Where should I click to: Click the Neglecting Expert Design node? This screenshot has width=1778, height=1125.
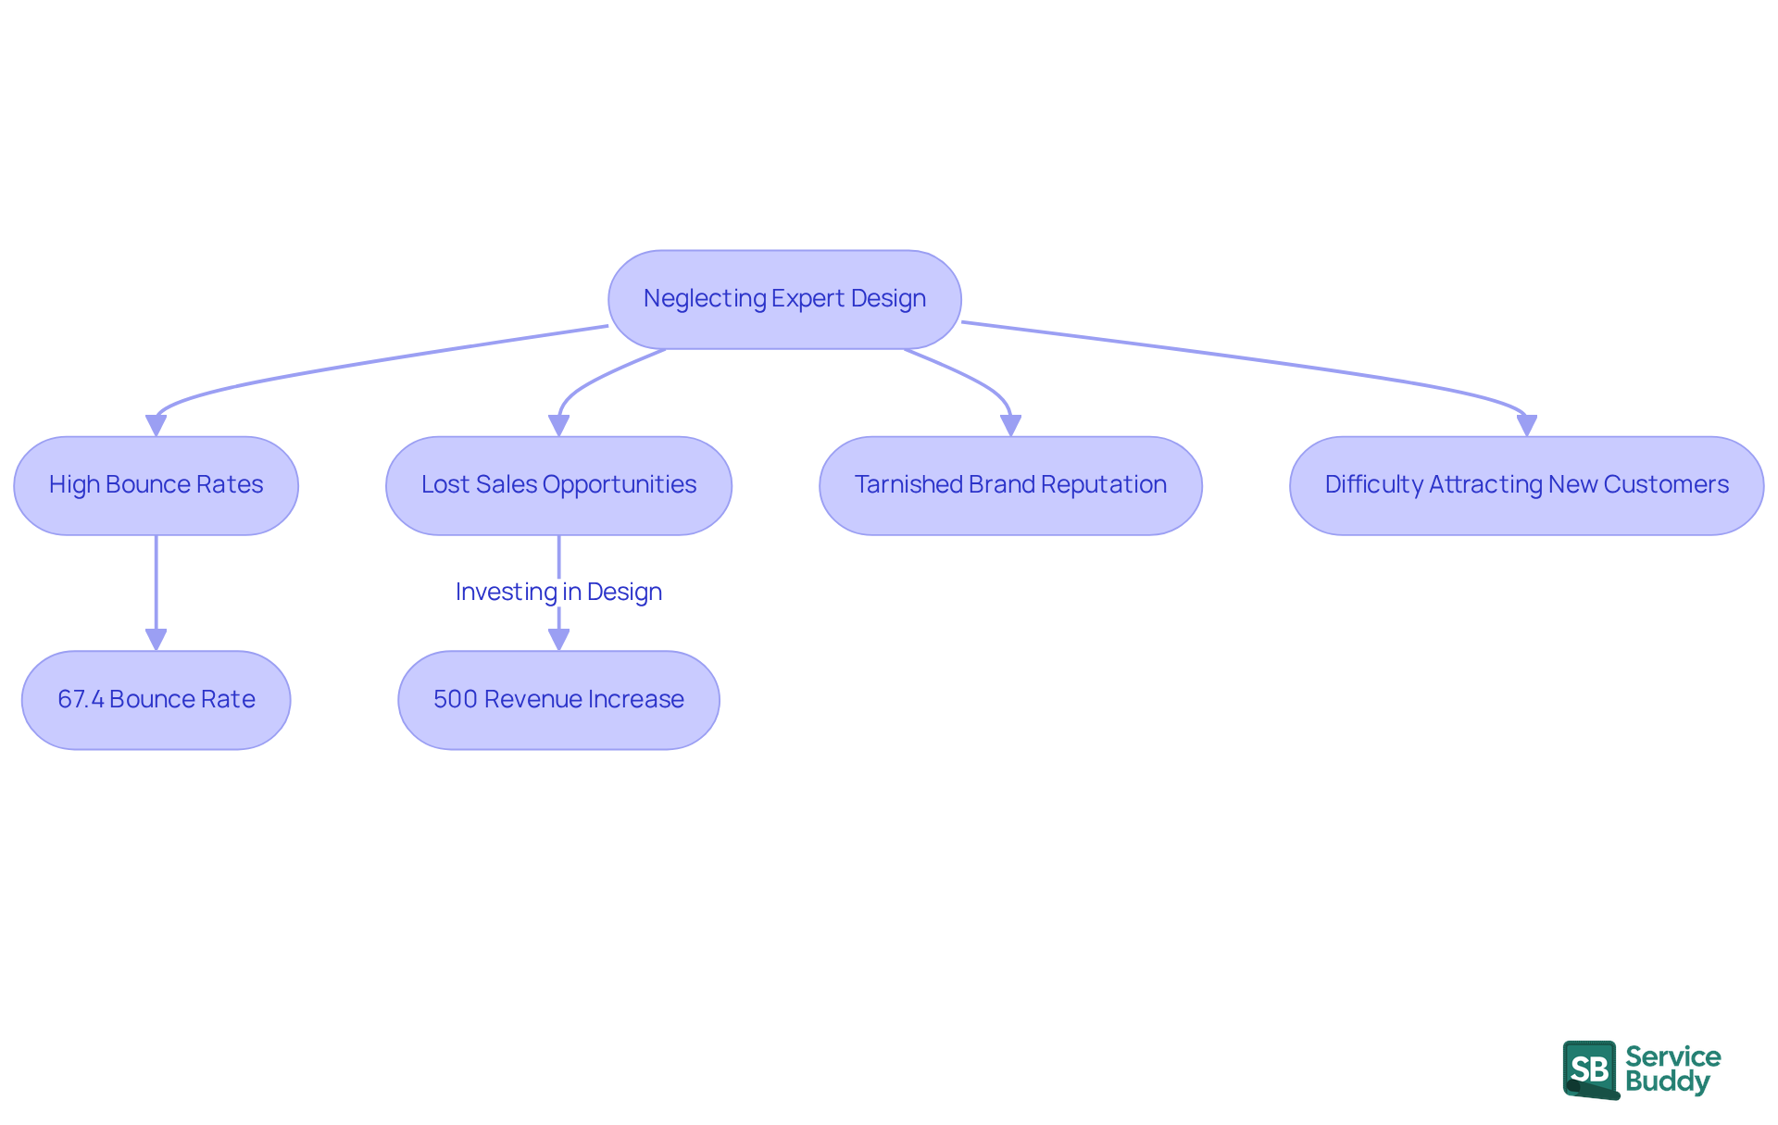coord(784,299)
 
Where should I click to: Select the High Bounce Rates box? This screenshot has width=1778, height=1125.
coord(156,485)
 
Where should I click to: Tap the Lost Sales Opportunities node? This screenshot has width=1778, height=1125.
coord(558,485)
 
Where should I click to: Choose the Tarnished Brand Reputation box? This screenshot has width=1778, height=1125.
coord(1010,485)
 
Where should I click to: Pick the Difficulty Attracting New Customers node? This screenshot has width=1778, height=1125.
coord(1526,485)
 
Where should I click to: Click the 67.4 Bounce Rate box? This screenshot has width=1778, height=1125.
coord(156,700)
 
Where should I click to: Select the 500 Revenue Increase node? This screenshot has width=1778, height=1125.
coord(558,700)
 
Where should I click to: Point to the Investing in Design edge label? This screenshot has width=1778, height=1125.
coord(558,592)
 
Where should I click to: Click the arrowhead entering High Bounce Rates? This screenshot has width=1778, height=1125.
coord(156,426)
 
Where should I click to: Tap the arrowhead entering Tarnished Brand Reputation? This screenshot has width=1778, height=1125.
coord(1010,426)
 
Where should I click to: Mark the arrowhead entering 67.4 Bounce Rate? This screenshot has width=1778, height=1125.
coord(156,640)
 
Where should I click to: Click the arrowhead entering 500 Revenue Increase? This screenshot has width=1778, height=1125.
coord(558,640)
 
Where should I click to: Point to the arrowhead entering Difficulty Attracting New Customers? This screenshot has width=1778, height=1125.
coord(1526,426)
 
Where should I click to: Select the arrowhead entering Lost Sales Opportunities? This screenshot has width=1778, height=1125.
coord(558,426)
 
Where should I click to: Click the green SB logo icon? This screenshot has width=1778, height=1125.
coord(1590,1069)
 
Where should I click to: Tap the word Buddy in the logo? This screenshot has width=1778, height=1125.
coord(1667,1082)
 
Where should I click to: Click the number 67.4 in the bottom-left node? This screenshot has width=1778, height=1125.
coord(81,700)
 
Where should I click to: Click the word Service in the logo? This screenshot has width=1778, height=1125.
coord(1672,1056)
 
